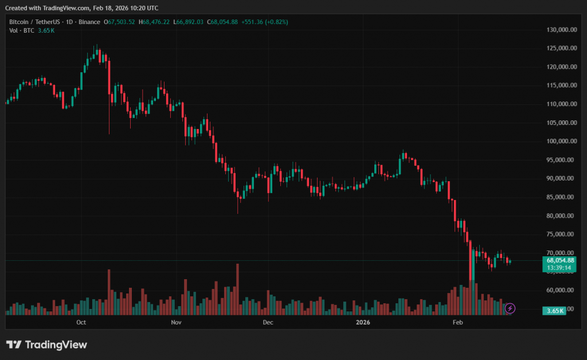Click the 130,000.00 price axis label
pyautogui.click(x=561, y=30)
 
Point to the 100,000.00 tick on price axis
pyautogui.click(x=561, y=141)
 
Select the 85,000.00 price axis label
pyautogui.click(x=562, y=197)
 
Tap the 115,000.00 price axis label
pyautogui.click(x=561, y=85)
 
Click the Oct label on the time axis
pyautogui.click(x=81, y=323)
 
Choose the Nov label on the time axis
pyautogui.click(x=176, y=323)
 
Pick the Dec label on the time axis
pyautogui.click(x=267, y=323)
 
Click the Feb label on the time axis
pyautogui.click(x=457, y=323)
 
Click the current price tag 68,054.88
pyautogui.click(x=561, y=260)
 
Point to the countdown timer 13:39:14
pyautogui.click(x=561, y=268)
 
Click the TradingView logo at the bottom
pyautogui.click(x=46, y=345)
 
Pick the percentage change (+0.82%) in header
pyautogui.click(x=273, y=22)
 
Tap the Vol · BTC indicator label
pyautogui.click(x=21, y=30)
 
